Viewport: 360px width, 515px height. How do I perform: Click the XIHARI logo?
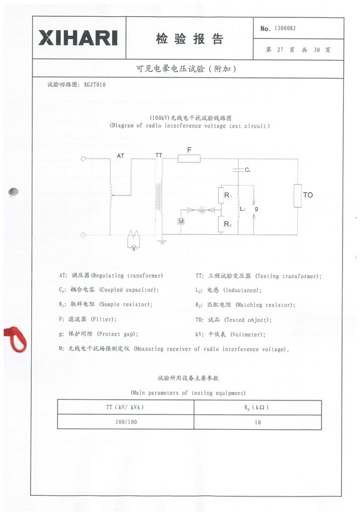(78, 38)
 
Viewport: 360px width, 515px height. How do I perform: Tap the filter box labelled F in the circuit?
(189, 159)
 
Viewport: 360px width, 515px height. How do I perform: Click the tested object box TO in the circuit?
(297, 196)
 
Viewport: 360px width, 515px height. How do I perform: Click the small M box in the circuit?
(181, 222)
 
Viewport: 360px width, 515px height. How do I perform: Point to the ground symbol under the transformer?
(161, 242)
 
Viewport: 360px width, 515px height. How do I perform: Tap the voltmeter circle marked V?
(135, 246)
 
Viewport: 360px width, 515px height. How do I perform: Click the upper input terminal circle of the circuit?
(83, 159)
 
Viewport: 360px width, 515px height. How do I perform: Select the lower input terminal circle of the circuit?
(83, 234)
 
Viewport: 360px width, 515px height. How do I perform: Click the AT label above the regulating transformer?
(121, 155)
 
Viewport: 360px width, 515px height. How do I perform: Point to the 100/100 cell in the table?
(125, 423)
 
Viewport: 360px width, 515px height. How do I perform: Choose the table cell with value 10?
(257, 423)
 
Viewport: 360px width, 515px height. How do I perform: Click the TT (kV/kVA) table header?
(125, 408)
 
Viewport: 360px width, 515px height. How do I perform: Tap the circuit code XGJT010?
(95, 85)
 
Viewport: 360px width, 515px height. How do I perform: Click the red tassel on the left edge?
(15, 338)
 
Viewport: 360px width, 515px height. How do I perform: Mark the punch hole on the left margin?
(13, 192)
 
